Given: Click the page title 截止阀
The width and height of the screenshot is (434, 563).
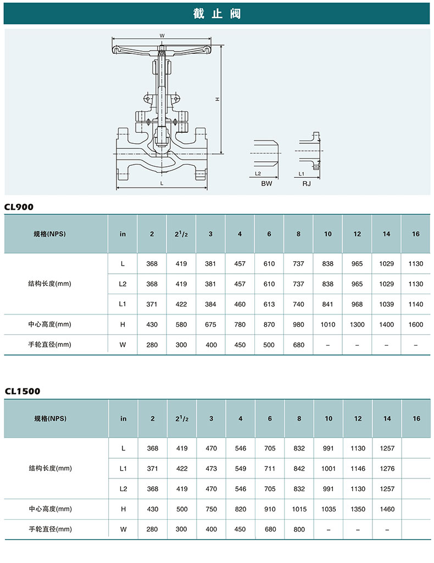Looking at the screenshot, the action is (217, 14).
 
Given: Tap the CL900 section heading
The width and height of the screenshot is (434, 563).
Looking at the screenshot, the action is (19, 207).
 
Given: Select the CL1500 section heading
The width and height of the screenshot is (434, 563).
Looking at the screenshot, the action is (23, 391).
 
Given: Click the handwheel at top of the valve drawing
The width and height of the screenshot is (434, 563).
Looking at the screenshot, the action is (162, 49).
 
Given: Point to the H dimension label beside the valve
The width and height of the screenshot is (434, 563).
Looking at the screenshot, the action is (217, 99).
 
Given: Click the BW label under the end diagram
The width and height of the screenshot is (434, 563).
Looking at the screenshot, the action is (266, 183).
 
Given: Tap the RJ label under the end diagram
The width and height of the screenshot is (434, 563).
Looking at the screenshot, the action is (307, 183).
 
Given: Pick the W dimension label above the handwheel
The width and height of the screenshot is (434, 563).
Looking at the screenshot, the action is (162, 36).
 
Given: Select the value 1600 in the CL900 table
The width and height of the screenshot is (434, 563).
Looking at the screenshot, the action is (416, 325).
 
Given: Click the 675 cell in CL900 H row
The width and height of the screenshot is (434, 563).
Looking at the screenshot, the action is (210, 325).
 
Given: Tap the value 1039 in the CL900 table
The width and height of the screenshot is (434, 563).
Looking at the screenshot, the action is (387, 304).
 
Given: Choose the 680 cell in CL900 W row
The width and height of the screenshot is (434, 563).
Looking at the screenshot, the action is (298, 345).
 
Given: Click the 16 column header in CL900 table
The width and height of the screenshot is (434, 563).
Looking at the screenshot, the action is (416, 234).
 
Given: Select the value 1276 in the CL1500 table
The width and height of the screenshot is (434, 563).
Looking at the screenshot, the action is (387, 469).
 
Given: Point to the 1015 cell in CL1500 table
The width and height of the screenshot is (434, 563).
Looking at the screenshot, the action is (299, 509).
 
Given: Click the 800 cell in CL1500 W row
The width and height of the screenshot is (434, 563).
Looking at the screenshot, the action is (299, 529).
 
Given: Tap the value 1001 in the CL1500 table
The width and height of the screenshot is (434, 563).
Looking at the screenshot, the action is (329, 469).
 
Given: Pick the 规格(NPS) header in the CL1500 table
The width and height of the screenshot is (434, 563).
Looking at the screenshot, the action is (51, 419).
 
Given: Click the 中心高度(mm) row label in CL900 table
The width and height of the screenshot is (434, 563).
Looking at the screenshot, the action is (49, 324).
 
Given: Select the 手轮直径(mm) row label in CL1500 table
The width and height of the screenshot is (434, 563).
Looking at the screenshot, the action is (51, 529).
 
